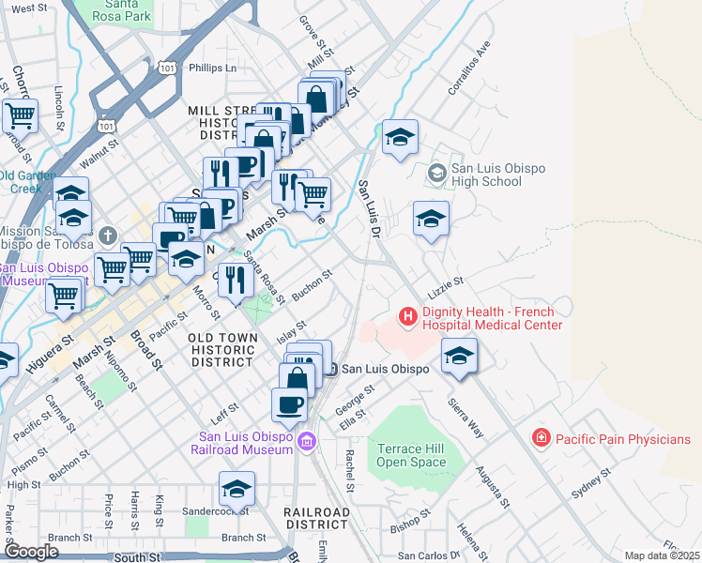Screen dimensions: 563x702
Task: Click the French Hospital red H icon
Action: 407,316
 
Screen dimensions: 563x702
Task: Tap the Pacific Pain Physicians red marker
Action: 541,438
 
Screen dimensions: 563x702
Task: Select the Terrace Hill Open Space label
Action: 411,455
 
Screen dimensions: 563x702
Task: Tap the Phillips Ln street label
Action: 212,68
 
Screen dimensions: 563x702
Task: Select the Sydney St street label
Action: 591,489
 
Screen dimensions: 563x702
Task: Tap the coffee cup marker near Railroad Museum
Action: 288,405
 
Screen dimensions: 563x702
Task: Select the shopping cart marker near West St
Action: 20,117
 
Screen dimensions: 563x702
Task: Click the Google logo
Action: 31,552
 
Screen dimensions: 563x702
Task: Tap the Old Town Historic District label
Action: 221,349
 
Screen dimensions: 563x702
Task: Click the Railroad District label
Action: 317,518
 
